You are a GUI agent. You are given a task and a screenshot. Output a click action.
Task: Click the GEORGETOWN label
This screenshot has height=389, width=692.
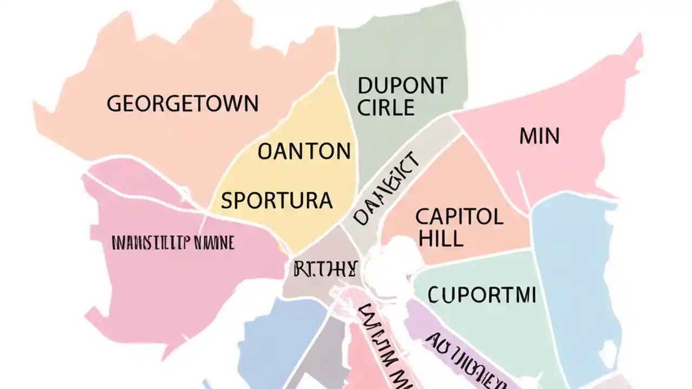(182, 103)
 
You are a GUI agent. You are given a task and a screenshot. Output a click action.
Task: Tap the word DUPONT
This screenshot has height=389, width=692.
(402, 86)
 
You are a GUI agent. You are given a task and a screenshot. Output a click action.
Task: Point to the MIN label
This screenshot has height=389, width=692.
(539, 136)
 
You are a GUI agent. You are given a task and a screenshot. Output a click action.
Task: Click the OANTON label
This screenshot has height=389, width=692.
(304, 152)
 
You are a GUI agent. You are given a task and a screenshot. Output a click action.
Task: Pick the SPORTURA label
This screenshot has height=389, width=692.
(276, 200)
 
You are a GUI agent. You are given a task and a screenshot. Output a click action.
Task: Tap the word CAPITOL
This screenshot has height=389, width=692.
(459, 217)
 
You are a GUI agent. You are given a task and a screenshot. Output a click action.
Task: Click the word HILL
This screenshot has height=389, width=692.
(440, 238)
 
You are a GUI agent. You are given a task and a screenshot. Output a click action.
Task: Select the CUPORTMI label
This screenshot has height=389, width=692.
(482, 295)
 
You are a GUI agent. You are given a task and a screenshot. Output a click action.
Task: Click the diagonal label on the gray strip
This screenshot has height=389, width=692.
(385, 187)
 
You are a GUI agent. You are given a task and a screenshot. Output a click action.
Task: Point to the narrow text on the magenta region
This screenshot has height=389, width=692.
(172, 243)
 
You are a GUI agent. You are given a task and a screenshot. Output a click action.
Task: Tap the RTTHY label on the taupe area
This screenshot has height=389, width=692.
(325, 269)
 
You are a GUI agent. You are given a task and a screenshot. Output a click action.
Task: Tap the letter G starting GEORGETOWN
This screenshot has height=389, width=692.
(114, 103)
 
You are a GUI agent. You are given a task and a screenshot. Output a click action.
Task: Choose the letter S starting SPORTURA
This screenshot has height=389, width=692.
(227, 200)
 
